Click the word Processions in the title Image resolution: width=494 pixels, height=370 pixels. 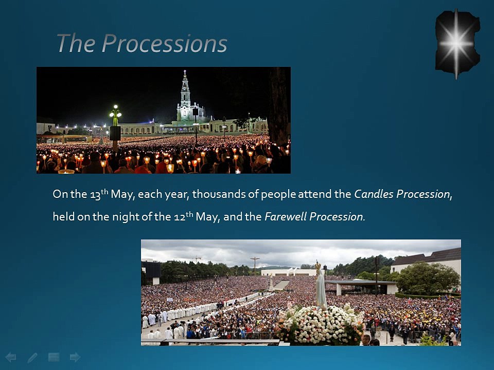coord(164,43)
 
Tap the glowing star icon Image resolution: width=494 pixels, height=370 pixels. coord(457,44)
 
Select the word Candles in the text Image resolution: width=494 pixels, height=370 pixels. coord(374,194)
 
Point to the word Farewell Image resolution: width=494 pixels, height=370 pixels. coord(286,216)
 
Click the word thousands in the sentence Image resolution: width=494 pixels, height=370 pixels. coord(219,194)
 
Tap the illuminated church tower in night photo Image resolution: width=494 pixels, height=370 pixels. coord(185,96)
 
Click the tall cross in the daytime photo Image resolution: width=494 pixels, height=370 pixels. coord(255,266)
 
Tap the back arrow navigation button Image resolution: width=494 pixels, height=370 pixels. coord(11,357)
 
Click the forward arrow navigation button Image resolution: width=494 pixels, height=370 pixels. coord(75,357)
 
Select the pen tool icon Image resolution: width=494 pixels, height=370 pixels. coord(32,358)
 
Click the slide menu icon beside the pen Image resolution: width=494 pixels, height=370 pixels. coord(54,357)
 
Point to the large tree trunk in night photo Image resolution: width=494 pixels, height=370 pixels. coord(278,106)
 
